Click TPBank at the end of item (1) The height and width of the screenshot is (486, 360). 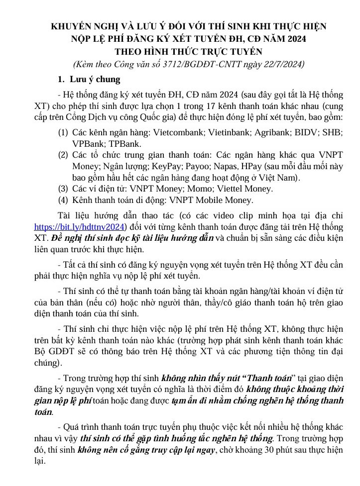pos(120,144)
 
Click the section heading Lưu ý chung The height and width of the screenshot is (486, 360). pos(94,80)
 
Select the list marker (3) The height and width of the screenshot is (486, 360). pos(63,189)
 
